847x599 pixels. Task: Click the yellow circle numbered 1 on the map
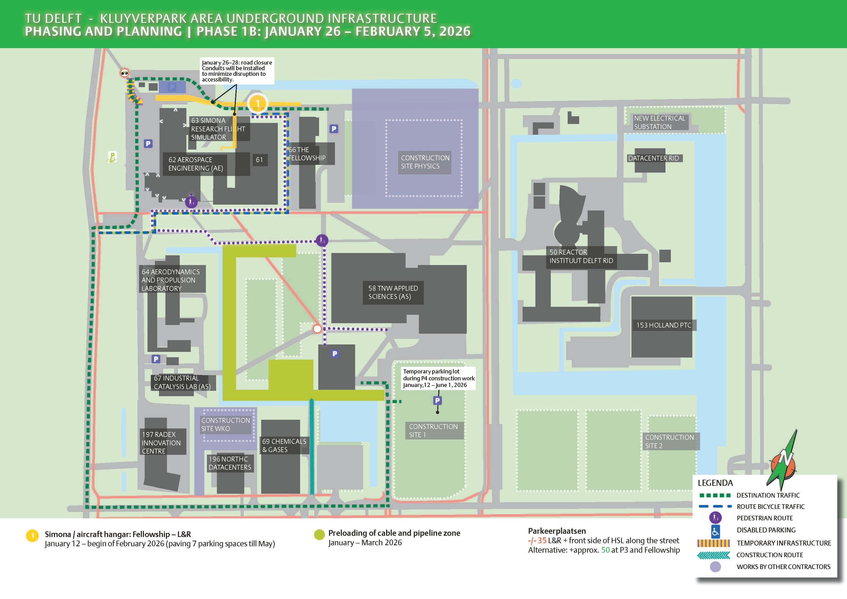(258, 103)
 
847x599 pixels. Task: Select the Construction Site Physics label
(425, 162)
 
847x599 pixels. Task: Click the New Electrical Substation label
(659, 122)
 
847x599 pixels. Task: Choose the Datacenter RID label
(653, 158)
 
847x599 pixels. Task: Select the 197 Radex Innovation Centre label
(161, 443)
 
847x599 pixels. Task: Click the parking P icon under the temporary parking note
(437, 401)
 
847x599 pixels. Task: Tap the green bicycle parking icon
(112, 157)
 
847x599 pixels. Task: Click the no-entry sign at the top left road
(125, 73)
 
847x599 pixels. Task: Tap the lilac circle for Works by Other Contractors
(715, 566)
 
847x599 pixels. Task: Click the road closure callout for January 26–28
(237, 71)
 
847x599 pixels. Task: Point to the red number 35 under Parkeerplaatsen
(542, 540)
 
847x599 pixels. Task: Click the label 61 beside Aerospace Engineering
(259, 160)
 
